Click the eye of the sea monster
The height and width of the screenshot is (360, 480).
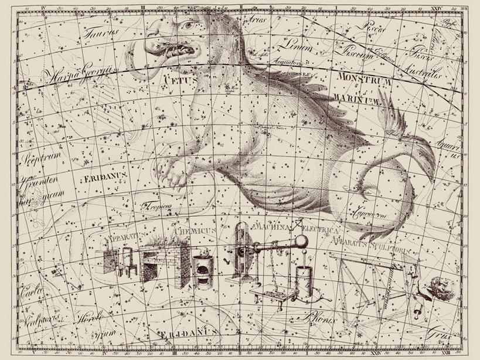186,26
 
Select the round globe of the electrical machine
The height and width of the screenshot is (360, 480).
301,242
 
